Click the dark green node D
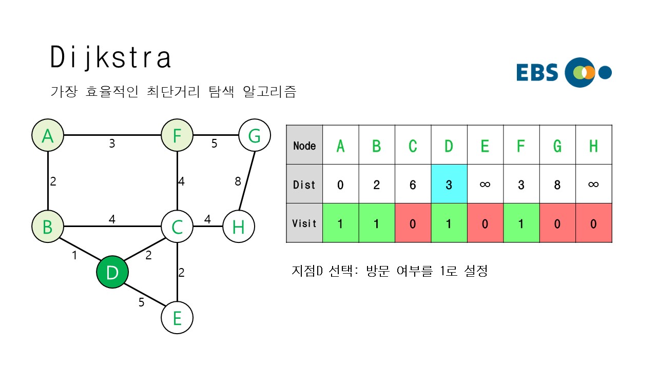(x=112, y=272)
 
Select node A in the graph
(x=48, y=136)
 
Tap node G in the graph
(x=255, y=136)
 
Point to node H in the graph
(x=239, y=227)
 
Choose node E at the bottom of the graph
(x=177, y=318)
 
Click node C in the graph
(x=177, y=227)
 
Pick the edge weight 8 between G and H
(x=237, y=181)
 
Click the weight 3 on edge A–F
(x=112, y=144)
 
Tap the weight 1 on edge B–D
(x=74, y=255)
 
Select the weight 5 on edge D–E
(x=141, y=302)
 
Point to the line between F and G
(x=216, y=136)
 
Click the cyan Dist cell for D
(x=449, y=184)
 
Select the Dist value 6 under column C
(x=413, y=184)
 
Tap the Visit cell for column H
(x=593, y=223)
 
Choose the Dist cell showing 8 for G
(x=557, y=184)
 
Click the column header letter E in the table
(x=485, y=146)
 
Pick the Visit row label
(x=304, y=223)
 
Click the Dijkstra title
(x=110, y=57)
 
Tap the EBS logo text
(x=537, y=73)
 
